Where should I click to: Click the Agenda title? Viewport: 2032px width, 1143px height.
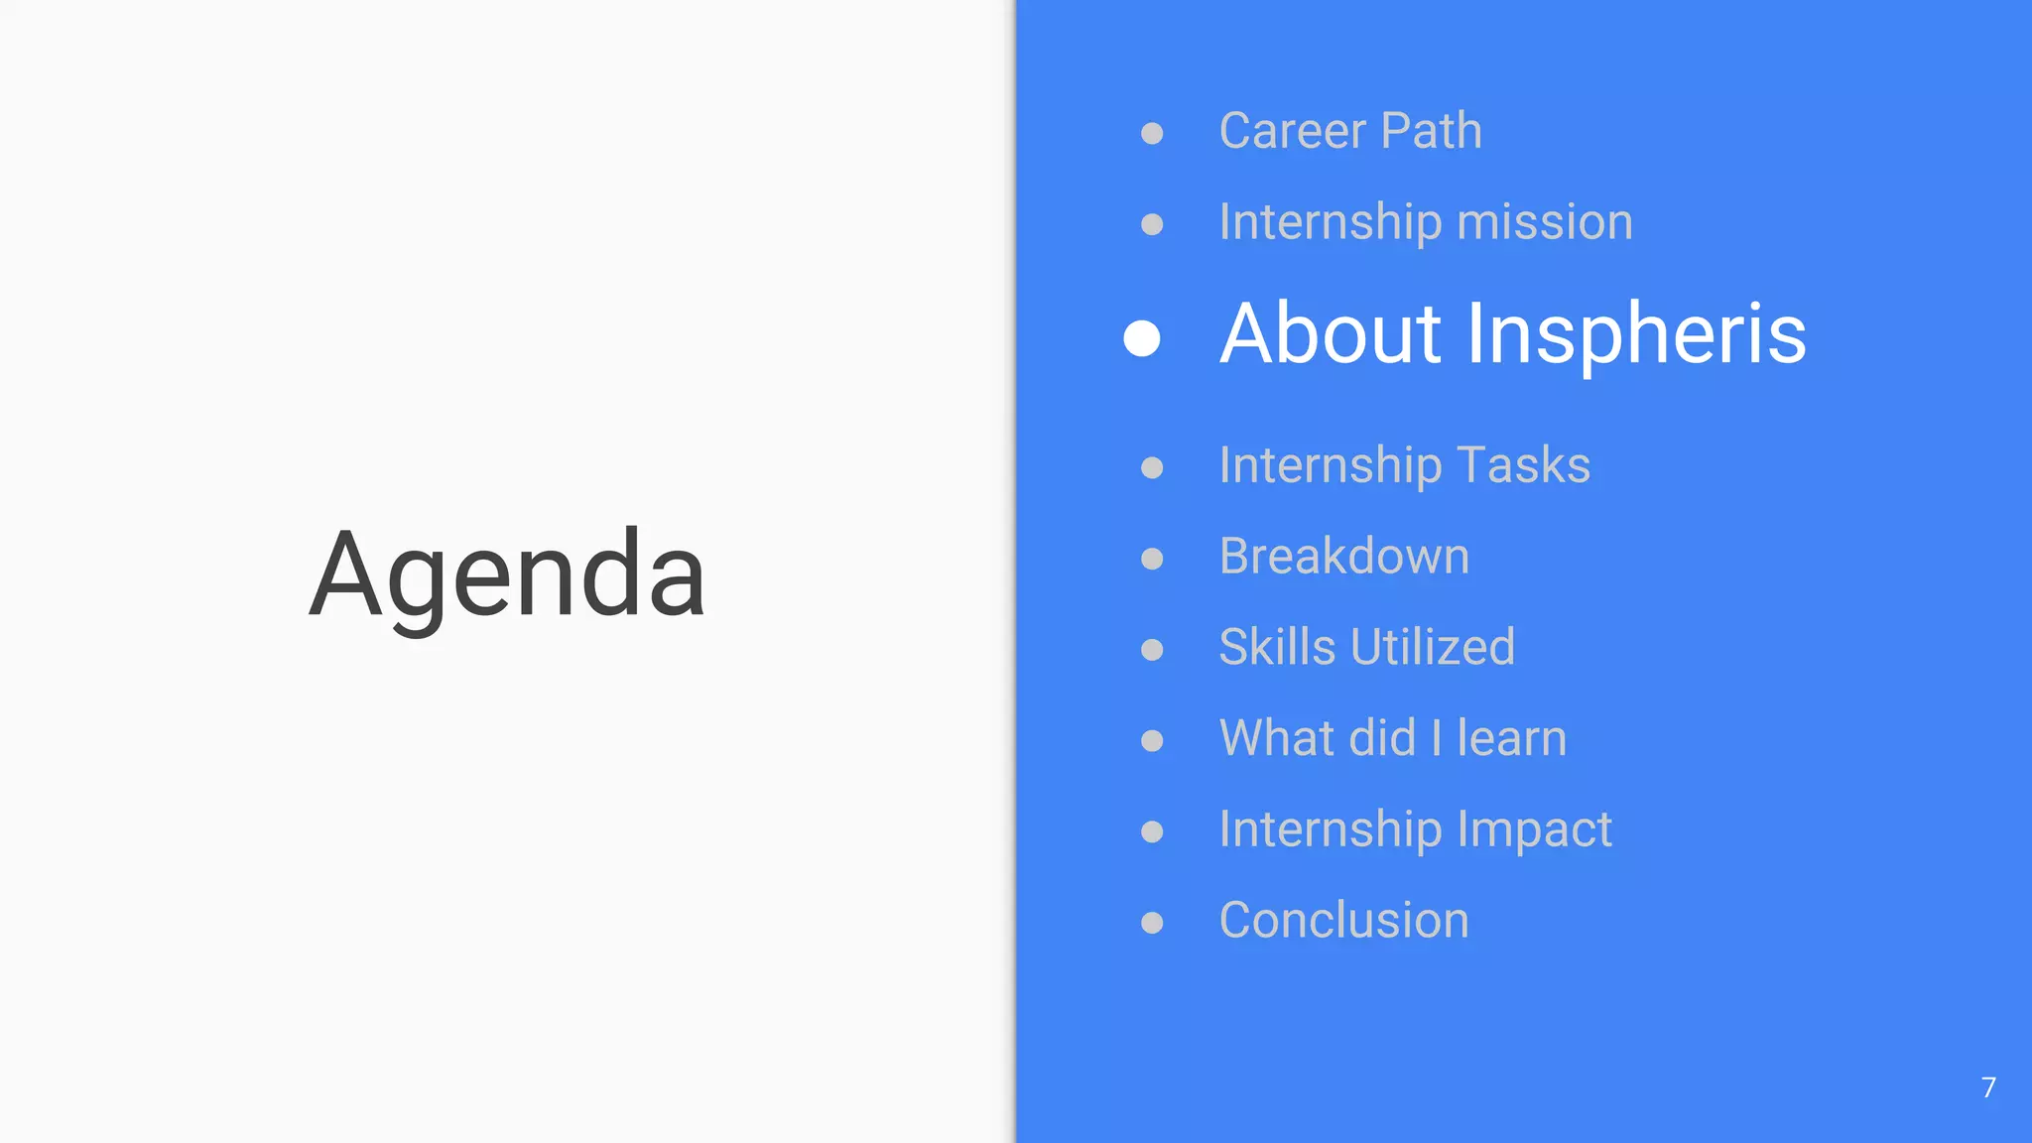507,575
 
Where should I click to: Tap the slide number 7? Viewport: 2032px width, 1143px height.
1988,1087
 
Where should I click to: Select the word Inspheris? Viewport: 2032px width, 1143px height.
1636,334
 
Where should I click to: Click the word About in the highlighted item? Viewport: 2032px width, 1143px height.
1331,334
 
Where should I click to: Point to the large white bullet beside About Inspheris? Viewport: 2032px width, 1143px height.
1142,337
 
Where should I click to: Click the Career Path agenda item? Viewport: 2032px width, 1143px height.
1350,131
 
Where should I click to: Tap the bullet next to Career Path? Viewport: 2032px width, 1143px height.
1152,133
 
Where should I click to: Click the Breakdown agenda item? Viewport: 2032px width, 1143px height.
1344,556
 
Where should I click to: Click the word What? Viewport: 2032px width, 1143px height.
1268,738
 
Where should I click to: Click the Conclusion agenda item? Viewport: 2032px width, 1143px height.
1344,920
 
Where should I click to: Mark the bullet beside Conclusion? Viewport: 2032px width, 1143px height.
1152,923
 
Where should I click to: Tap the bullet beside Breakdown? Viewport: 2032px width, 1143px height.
1152,559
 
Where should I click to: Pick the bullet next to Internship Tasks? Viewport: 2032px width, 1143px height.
1152,467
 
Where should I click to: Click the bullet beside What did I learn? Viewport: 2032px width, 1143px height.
1152,740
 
